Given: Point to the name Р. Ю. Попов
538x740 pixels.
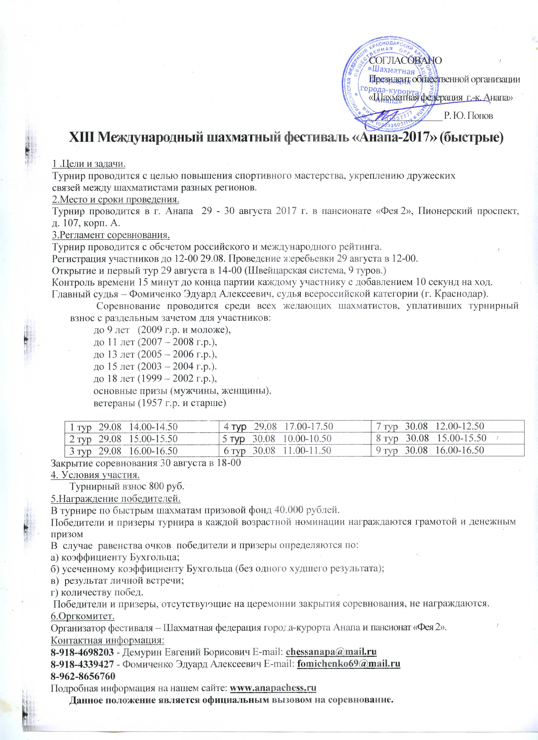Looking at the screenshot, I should coord(468,116).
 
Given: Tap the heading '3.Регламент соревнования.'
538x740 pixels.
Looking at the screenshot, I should coord(111,235).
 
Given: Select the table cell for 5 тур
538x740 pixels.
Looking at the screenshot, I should coord(277,438).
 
